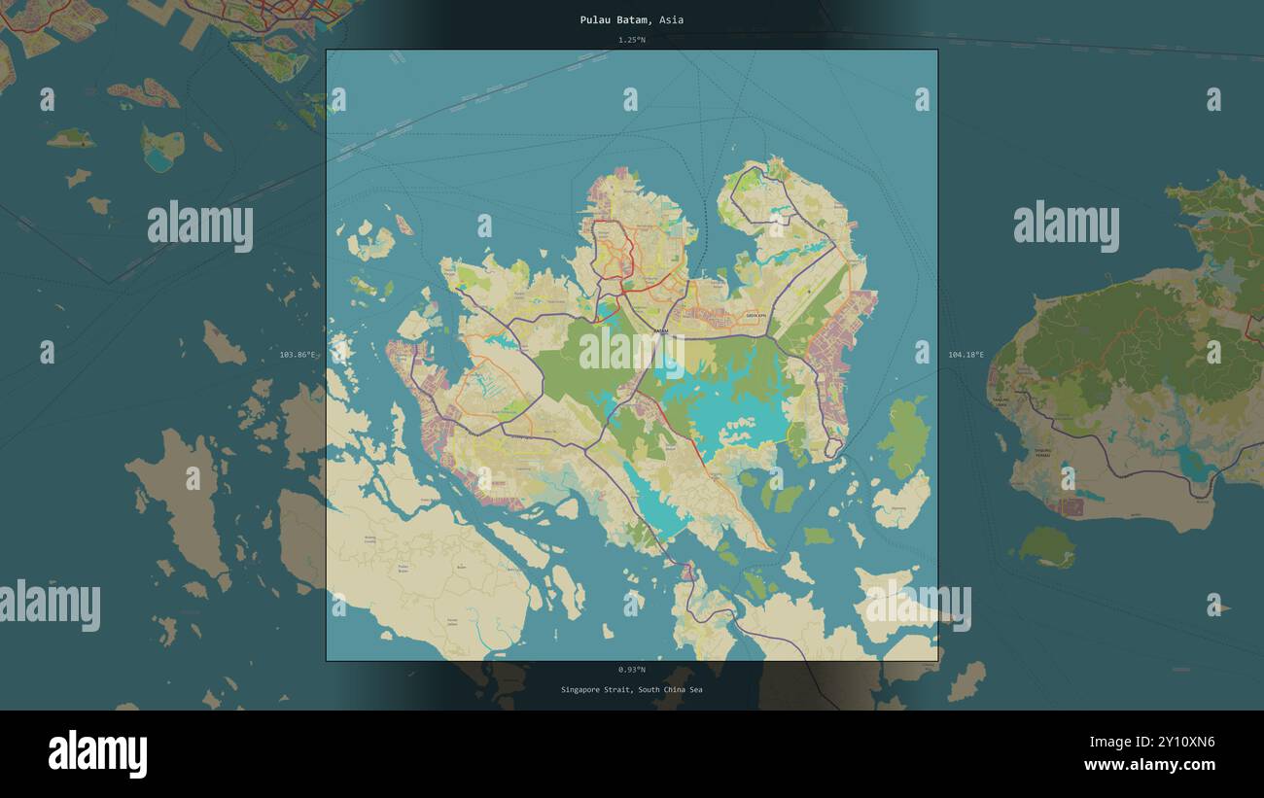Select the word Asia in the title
pyautogui.click(x=671, y=19)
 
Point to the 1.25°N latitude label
pyautogui.click(x=631, y=40)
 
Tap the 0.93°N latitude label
pyautogui.click(x=631, y=670)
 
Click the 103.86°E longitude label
pyautogui.click(x=298, y=355)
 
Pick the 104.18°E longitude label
pyautogui.click(x=966, y=355)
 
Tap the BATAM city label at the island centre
pyautogui.click(x=660, y=331)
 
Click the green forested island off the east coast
pyautogui.click(x=905, y=438)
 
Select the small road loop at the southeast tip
pyautogui.click(x=833, y=447)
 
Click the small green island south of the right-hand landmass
pyautogui.click(x=1046, y=547)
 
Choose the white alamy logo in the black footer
pyautogui.click(x=97, y=754)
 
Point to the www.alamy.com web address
pyautogui.click(x=1149, y=766)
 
